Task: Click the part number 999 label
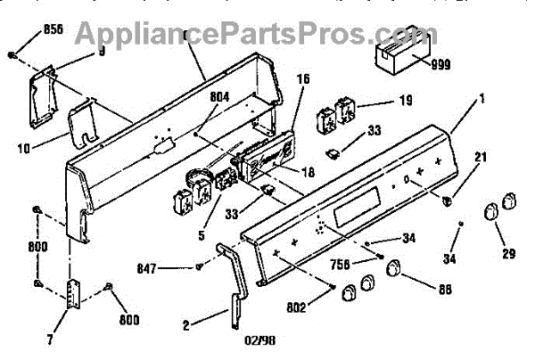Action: tap(440, 65)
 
